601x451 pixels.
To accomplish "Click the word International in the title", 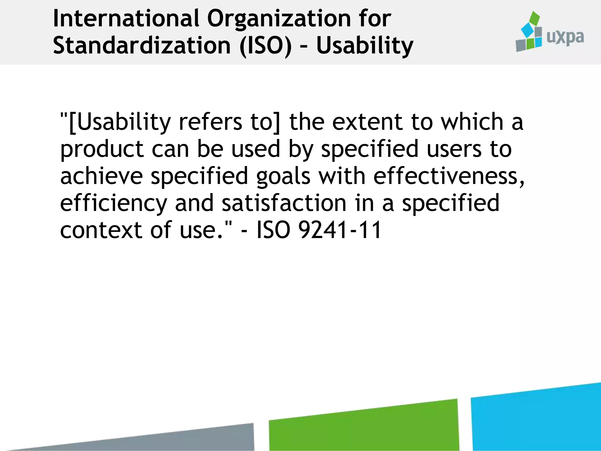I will tap(126, 18).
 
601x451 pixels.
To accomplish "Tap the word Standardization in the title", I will tap(142, 46).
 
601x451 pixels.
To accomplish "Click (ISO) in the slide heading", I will tap(266, 46).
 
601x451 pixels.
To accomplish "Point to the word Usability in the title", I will tap(365, 46).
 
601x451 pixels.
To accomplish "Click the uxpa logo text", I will tap(565, 38).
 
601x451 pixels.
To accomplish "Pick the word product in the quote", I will tap(102, 149).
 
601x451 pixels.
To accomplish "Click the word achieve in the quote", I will tap(102, 176).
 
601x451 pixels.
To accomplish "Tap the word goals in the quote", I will tap(283, 176).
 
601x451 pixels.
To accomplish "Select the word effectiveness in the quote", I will tap(449, 176).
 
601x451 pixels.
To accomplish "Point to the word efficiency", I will tap(114, 203).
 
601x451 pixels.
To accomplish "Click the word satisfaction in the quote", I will tap(284, 203).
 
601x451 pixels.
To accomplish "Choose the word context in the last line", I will tap(101, 230).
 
